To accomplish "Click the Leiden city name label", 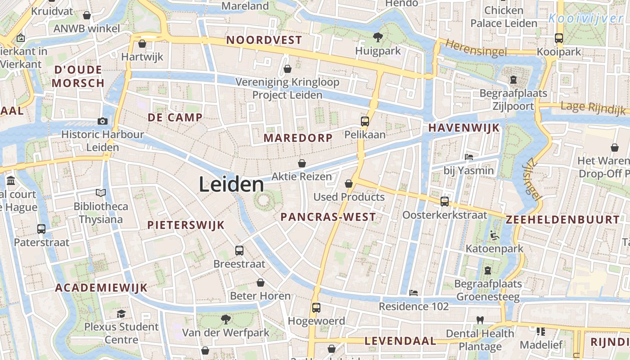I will click(231, 184).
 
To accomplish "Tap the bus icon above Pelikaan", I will click(364, 121).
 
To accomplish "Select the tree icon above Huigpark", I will click(378, 37).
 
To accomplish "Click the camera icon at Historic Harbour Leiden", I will click(103, 121).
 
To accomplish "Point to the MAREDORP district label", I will click(298, 138).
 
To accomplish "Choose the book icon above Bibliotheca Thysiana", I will click(101, 193).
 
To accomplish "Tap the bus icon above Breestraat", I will click(239, 250).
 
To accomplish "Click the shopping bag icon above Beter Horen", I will click(260, 283).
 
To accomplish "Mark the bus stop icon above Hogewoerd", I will click(316, 308).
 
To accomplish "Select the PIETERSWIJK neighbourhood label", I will click(186, 225).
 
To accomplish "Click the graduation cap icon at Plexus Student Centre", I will click(121, 313).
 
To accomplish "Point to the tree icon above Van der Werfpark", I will click(225, 319).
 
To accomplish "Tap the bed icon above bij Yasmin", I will click(468, 157).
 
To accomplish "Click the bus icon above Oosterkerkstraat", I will click(445, 201).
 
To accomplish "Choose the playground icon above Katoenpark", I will click(494, 235).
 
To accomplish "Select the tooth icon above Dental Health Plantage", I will click(480, 320).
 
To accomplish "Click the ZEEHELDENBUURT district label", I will click(562, 220).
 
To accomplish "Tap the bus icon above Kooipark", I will click(559, 38).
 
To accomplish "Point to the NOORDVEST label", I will click(264, 40).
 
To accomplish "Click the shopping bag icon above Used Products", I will click(349, 184).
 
